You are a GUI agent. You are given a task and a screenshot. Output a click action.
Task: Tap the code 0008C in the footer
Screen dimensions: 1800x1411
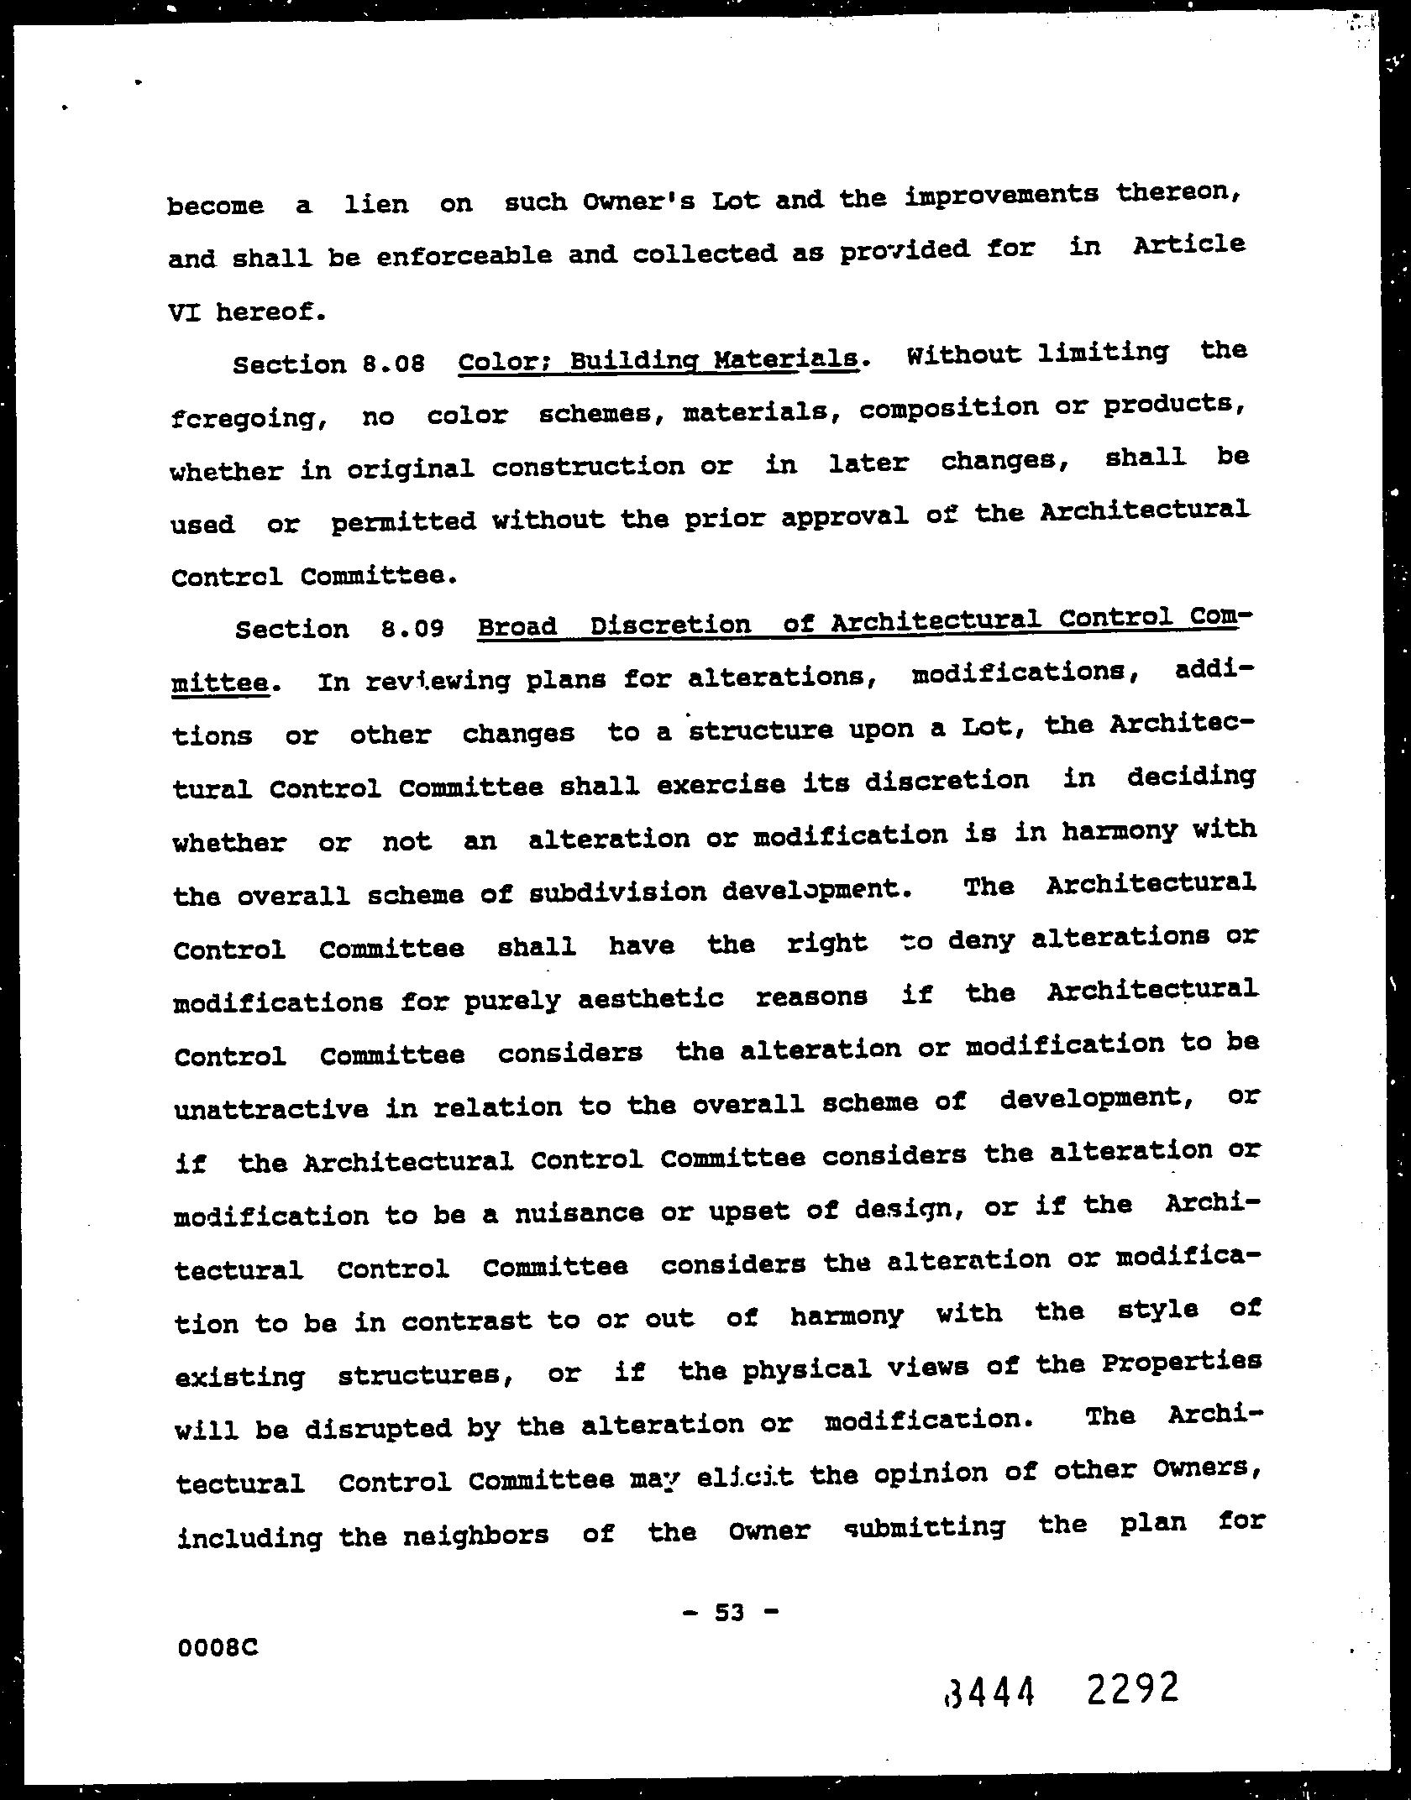point(218,1649)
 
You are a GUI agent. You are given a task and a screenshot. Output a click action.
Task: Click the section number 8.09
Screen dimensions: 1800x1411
point(412,628)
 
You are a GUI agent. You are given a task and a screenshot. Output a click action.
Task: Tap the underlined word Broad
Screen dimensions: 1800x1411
point(517,626)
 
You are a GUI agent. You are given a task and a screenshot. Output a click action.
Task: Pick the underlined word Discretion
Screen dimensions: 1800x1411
point(670,625)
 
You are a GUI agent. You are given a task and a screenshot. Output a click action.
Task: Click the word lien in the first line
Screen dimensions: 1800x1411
point(376,204)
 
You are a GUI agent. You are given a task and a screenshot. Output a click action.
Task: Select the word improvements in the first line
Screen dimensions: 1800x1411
point(1002,195)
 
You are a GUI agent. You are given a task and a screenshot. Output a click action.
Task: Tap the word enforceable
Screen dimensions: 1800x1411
point(464,255)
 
